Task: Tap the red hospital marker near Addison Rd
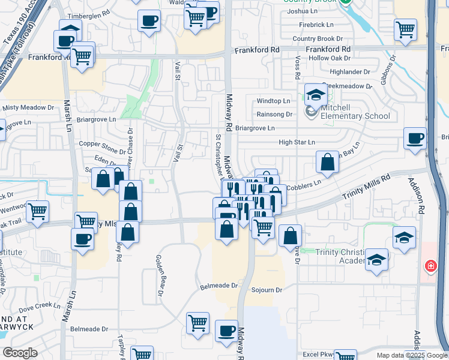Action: tap(430, 265)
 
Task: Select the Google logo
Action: tap(20, 353)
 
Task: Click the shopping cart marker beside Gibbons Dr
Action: tap(405, 29)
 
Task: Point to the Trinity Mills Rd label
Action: tap(366, 187)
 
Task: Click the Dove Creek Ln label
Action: tap(40, 305)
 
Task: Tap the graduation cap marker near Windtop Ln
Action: tap(315, 94)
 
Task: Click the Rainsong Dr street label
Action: tap(274, 114)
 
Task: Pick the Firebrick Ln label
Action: tap(316, 25)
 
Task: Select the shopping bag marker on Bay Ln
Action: tap(327, 161)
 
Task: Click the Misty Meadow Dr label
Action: tap(28, 107)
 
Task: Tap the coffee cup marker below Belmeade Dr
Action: tap(226, 331)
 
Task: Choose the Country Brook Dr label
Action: tap(318, 38)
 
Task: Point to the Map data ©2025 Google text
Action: tap(411, 355)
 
